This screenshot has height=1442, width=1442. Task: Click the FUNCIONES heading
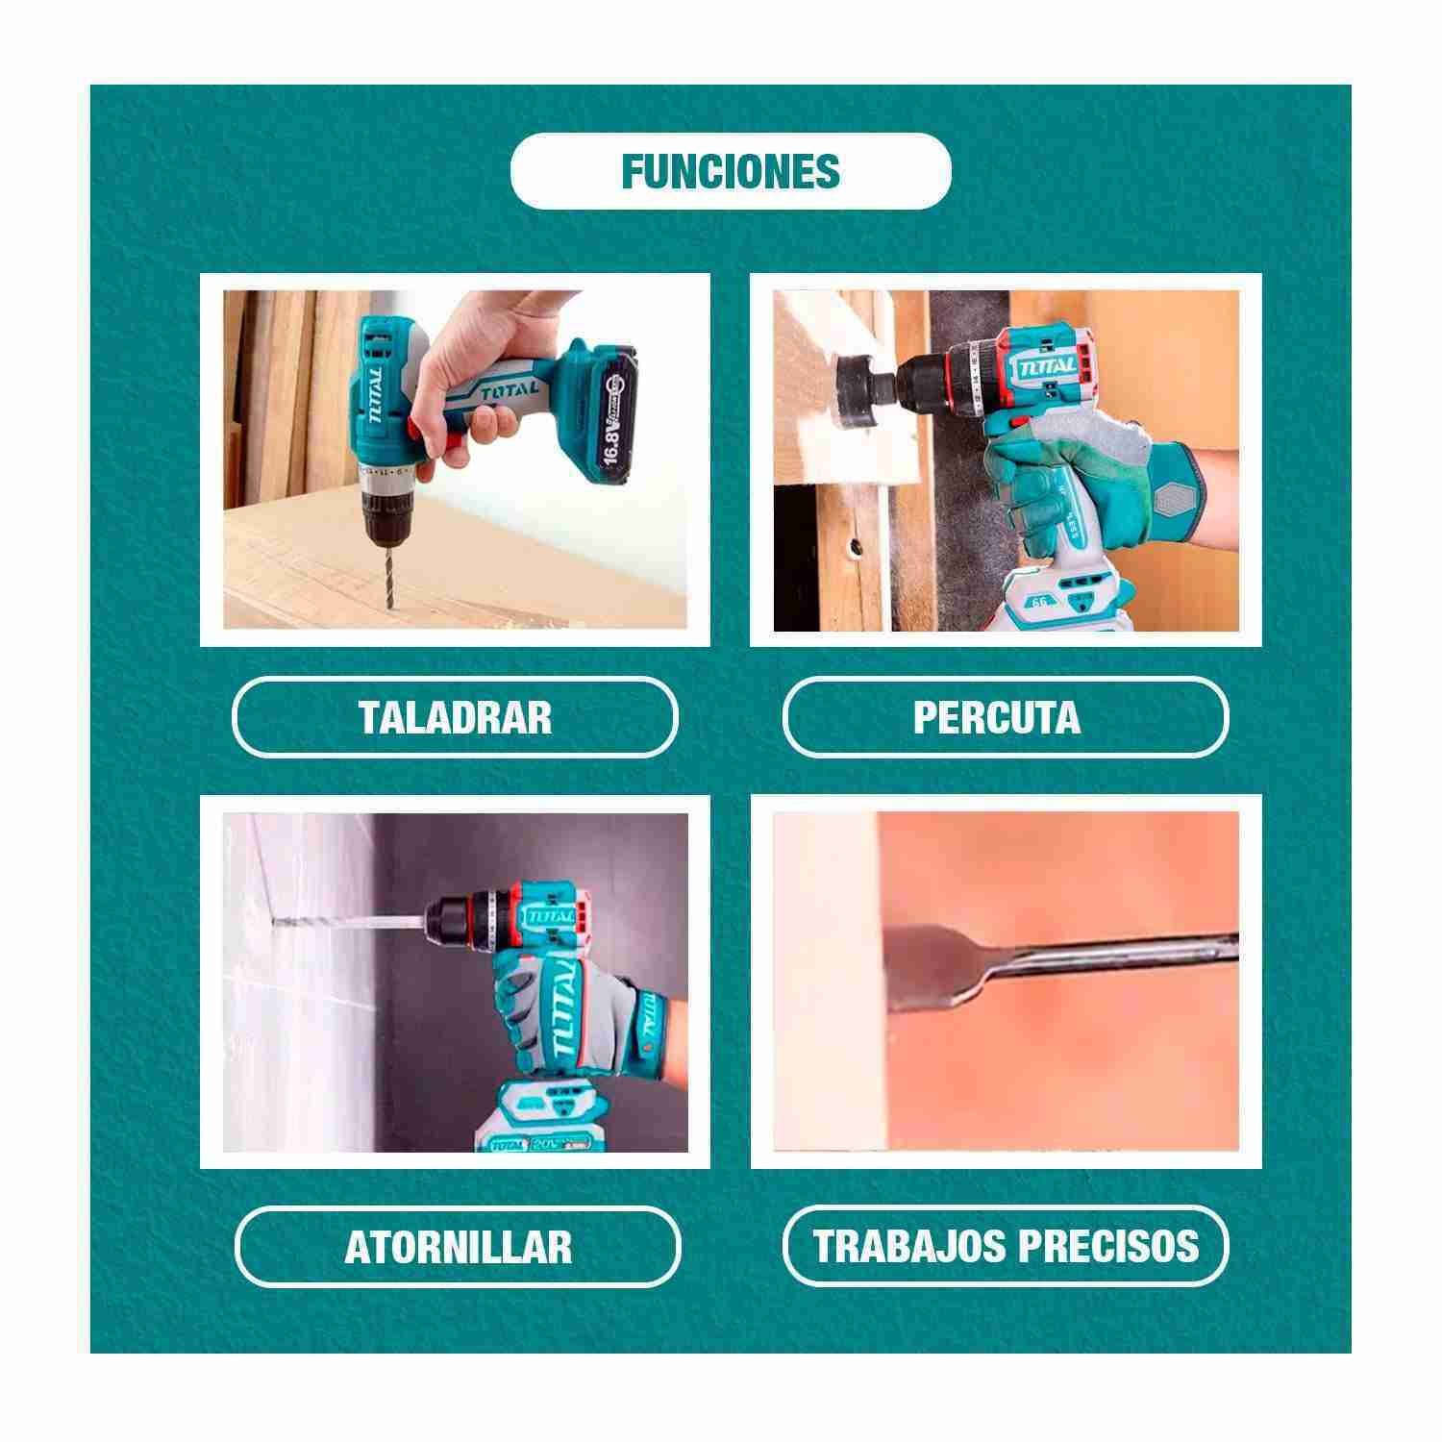(x=731, y=171)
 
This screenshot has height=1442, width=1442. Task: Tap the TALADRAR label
(x=456, y=717)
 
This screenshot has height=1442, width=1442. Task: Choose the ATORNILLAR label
(x=459, y=1246)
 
